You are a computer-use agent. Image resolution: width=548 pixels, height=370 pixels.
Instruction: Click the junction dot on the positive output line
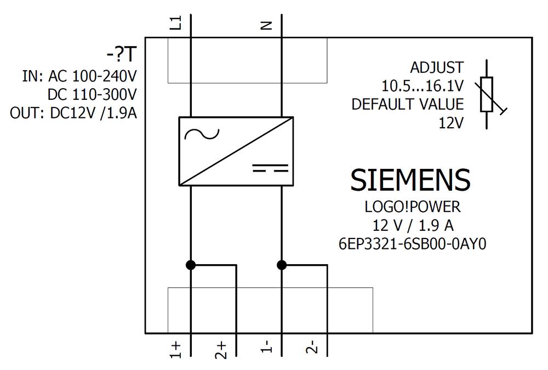(x=191, y=265)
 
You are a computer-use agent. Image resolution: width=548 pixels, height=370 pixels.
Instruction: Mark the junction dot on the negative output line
(x=282, y=265)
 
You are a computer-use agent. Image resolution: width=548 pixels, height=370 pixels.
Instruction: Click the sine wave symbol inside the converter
(x=202, y=134)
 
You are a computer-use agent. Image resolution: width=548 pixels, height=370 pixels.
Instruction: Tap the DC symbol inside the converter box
(x=270, y=168)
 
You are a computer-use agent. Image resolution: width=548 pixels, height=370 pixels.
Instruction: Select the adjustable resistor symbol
(x=487, y=94)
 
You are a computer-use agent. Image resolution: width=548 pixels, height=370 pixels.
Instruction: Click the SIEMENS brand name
(x=410, y=180)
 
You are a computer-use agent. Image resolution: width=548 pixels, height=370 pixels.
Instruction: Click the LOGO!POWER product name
(x=412, y=207)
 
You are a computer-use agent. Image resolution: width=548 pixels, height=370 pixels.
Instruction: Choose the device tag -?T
(x=121, y=55)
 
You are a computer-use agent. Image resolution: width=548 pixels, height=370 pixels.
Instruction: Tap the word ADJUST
(x=436, y=67)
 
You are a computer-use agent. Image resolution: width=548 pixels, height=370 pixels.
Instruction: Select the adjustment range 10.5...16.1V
(x=422, y=86)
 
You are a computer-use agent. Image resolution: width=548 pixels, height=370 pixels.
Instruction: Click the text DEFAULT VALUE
(x=407, y=104)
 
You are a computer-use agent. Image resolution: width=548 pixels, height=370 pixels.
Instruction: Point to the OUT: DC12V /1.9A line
(x=73, y=113)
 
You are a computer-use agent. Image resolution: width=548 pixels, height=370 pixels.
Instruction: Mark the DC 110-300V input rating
(x=92, y=94)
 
